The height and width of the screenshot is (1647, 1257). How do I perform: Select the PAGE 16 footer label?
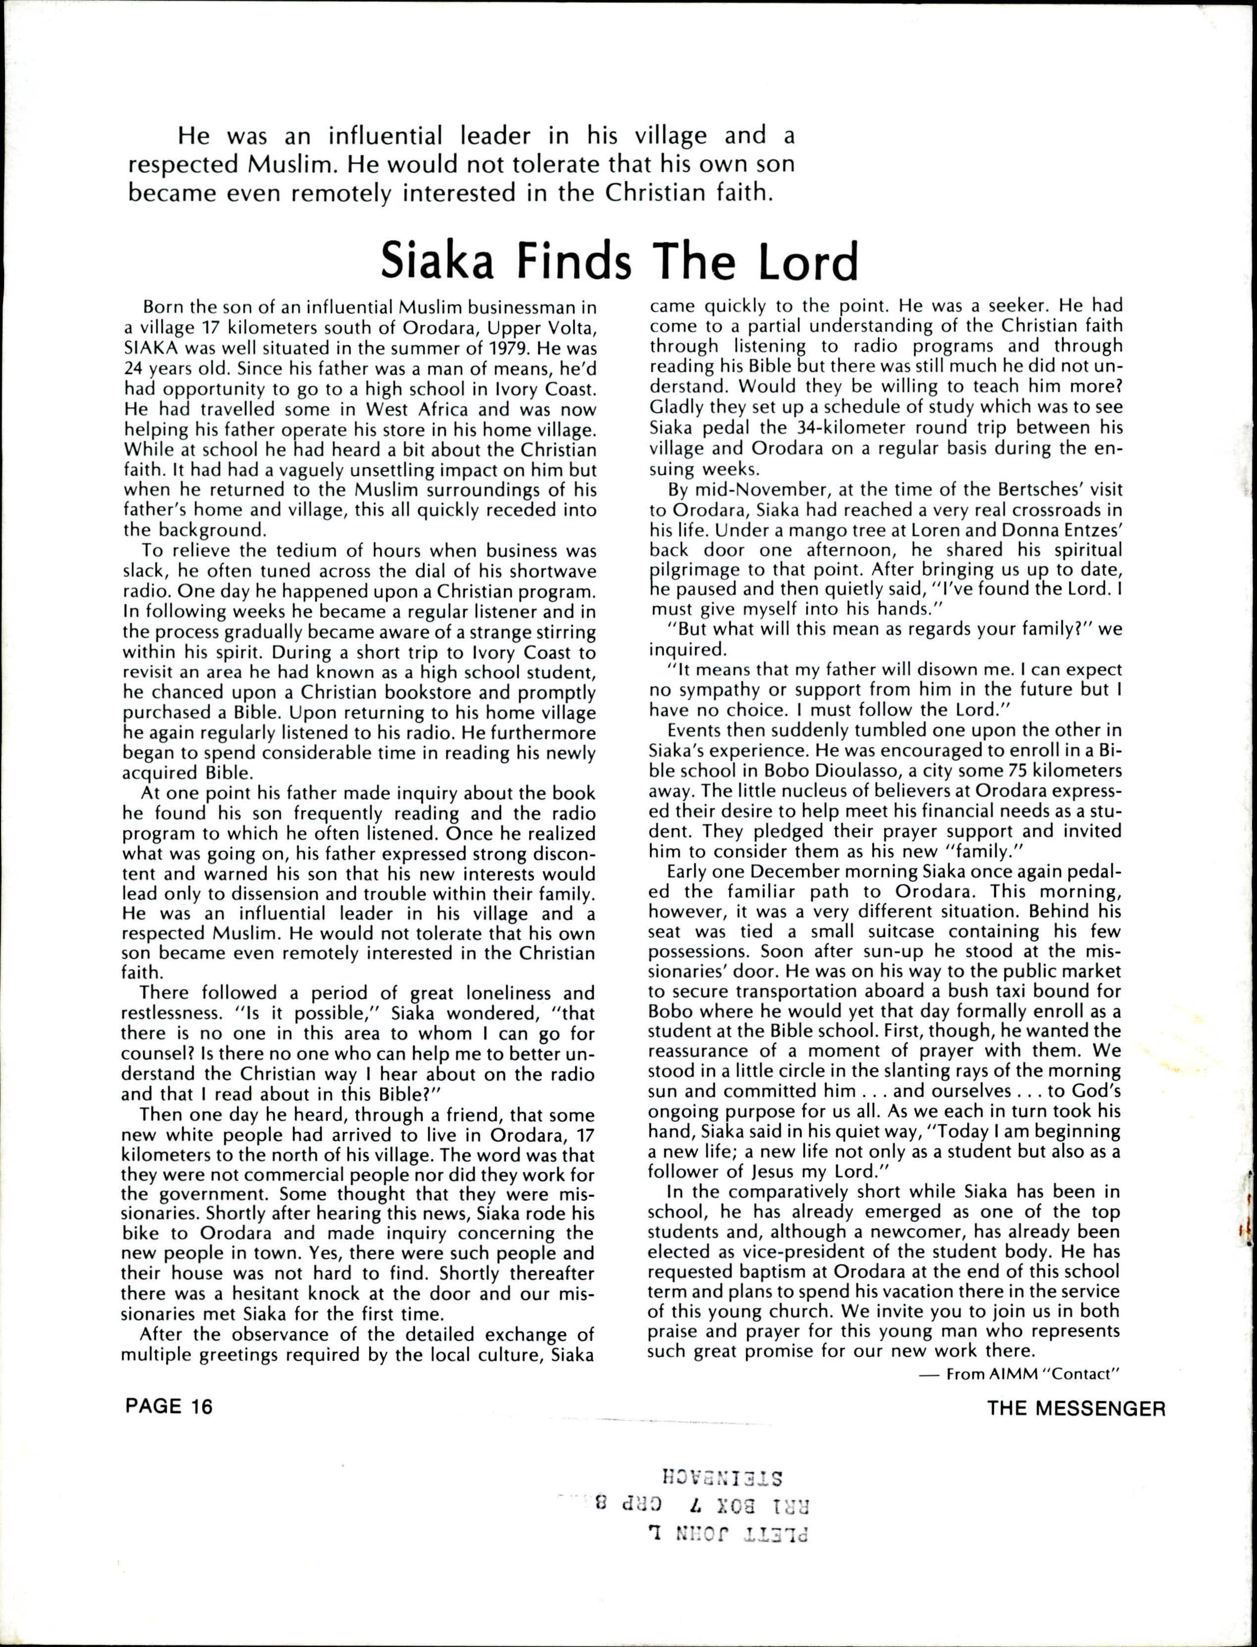[169, 1407]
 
